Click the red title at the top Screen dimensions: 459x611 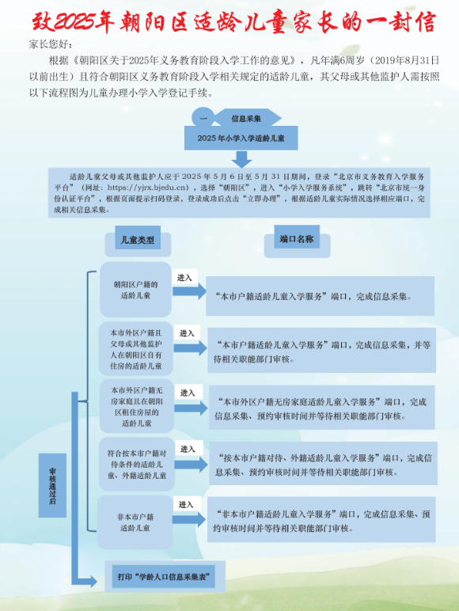pyautogui.click(x=233, y=22)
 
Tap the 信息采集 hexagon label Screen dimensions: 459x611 pyautogui.click(x=246, y=119)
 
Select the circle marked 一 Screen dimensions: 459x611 pyautogui.click(x=203, y=118)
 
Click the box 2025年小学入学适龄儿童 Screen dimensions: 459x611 pyautogui.click(x=241, y=138)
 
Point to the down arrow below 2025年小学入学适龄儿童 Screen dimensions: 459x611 pyautogui.click(x=241, y=159)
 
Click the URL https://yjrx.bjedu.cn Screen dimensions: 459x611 pyautogui.click(x=148, y=188)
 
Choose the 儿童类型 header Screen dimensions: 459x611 pyautogui.click(x=138, y=238)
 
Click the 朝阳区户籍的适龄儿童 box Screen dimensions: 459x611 pyautogui.click(x=135, y=290)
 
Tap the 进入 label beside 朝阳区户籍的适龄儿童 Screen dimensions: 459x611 pyautogui.click(x=184, y=278)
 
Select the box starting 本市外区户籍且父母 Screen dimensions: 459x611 pyautogui.click(x=135, y=350)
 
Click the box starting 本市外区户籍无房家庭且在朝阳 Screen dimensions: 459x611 pyautogui.click(x=136, y=407)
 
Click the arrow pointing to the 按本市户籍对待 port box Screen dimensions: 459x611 pyautogui.click(x=191, y=465)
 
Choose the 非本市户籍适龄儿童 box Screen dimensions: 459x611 pyautogui.click(x=135, y=522)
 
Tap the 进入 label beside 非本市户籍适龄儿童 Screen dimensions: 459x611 pyautogui.click(x=186, y=505)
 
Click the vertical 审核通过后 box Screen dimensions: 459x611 pyautogui.click(x=52, y=485)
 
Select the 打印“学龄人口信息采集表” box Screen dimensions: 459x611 pyautogui.click(x=164, y=577)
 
